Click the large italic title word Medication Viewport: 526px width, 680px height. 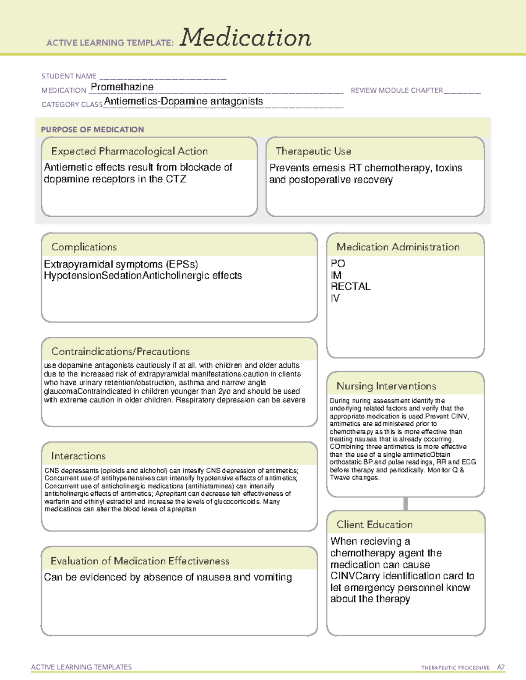click(245, 38)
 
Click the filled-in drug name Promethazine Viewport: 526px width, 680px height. click(122, 87)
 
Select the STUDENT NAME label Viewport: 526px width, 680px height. click(69, 76)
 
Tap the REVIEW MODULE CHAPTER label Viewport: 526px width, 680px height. click(397, 90)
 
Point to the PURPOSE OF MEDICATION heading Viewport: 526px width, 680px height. click(92, 130)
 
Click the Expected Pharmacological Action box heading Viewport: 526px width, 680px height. click(129, 151)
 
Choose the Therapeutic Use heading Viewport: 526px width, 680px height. click(313, 151)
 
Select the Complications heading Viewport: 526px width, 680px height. click(84, 247)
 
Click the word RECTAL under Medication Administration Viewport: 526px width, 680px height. click(350, 286)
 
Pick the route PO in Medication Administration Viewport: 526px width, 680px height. click(338, 264)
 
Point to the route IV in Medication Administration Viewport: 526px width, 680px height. click(335, 298)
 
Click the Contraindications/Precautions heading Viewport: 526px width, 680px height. click(121, 352)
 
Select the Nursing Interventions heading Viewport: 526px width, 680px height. click(386, 386)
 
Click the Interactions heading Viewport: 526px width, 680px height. click(78, 456)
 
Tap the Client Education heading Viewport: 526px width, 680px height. click(374, 525)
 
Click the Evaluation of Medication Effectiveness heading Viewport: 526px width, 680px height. click(140, 561)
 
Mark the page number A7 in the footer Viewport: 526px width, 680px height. click(501, 667)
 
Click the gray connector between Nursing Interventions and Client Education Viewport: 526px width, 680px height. click(405, 504)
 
